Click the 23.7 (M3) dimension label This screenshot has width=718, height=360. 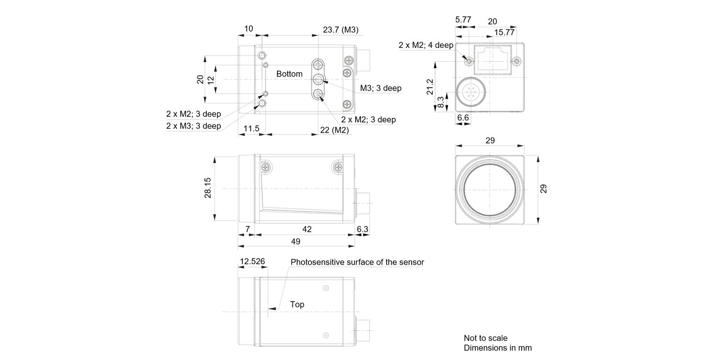[340, 30]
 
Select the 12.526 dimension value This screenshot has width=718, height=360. [252, 261]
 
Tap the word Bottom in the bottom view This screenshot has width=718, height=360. [289, 74]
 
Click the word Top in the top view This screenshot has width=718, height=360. [297, 304]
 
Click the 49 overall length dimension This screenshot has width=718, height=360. [295, 241]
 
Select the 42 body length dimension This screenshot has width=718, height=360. [307, 229]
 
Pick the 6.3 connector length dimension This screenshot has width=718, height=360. [362, 229]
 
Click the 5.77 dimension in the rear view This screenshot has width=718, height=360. [463, 20]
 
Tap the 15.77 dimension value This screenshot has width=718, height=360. [504, 32]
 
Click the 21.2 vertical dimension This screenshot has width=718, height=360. [430, 87]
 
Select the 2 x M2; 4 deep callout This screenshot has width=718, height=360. [426, 45]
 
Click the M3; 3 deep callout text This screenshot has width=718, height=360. [381, 88]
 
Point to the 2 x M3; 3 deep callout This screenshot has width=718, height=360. [193, 126]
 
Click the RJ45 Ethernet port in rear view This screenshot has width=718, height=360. [493, 59]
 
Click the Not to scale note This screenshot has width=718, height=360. [485, 338]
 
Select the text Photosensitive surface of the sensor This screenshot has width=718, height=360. [357, 262]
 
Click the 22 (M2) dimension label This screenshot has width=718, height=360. [334, 130]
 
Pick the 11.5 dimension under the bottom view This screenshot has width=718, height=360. [251, 128]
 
